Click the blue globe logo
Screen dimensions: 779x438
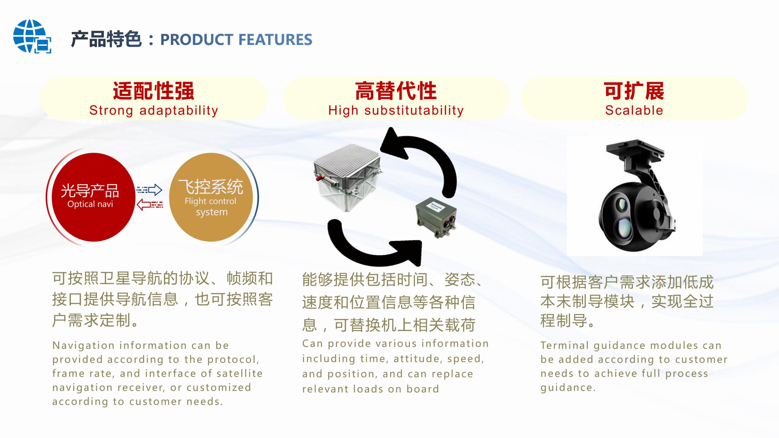[32, 36]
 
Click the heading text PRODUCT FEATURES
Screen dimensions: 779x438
[236, 40]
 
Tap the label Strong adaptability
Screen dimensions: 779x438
[154, 110]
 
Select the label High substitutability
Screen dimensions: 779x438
[396, 110]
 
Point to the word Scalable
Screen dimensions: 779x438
[634, 110]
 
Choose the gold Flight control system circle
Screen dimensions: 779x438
[211, 197]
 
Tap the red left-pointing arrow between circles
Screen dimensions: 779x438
[150, 204]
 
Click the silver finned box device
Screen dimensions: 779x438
[347, 178]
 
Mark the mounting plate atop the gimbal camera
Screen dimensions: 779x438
[634, 150]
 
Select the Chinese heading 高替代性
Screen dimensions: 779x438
[396, 91]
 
